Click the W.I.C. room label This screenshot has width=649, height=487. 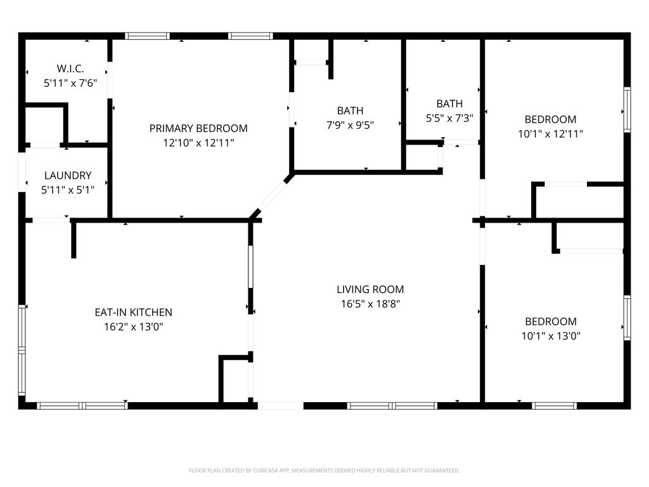click(70, 68)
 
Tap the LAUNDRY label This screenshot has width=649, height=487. click(68, 176)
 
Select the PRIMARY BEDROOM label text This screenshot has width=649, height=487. click(198, 129)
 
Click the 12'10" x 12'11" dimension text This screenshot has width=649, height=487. click(198, 143)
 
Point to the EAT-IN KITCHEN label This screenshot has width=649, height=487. click(133, 313)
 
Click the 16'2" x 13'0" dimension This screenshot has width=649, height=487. click(133, 327)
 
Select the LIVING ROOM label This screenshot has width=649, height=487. click(370, 290)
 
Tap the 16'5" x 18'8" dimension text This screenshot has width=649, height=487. click(370, 304)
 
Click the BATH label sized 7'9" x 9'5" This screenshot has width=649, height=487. click(350, 111)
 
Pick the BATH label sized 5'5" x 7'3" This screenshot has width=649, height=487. click(449, 104)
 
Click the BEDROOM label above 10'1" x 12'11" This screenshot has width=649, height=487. click(550, 119)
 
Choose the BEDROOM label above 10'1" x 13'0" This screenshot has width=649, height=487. click(550, 321)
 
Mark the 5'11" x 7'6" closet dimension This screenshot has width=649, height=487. click(70, 83)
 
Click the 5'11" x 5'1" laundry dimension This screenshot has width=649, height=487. click(68, 190)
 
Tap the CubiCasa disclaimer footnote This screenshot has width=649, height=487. click(324, 471)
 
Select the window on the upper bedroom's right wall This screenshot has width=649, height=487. click(627, 110)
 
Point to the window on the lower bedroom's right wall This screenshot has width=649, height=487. click(627, 317)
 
